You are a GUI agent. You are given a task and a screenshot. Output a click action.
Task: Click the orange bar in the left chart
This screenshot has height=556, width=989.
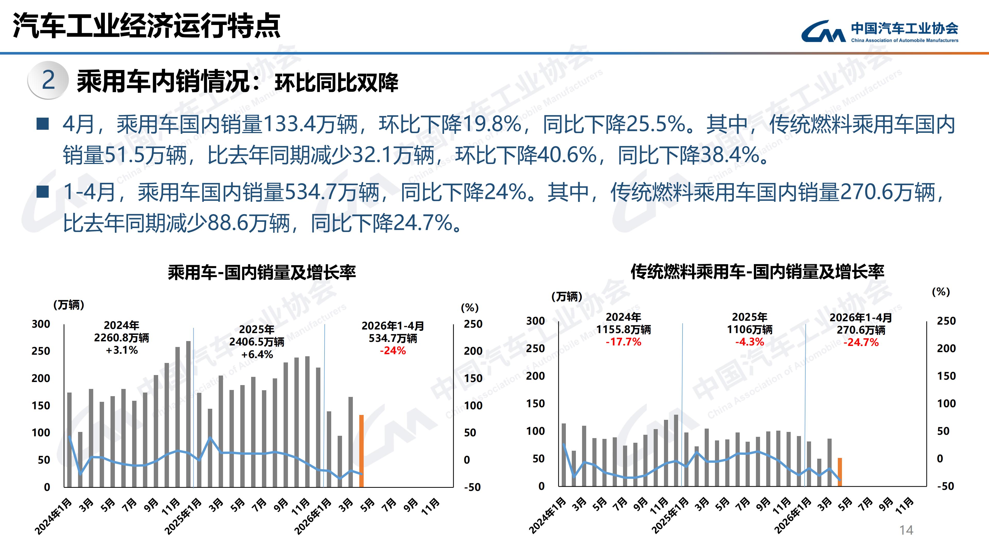tap(361, 451)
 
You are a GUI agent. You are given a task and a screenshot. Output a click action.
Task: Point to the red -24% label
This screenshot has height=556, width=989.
tap(393, 350)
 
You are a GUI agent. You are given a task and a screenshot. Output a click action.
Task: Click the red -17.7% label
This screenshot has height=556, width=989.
tap(624, 342)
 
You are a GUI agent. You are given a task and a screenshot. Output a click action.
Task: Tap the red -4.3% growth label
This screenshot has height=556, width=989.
tap(749, 342)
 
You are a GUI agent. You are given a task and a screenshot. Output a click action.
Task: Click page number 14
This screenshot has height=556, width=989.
tap(906, 530)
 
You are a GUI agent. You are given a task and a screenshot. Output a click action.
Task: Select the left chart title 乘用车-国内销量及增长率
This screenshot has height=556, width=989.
tap(262, 272)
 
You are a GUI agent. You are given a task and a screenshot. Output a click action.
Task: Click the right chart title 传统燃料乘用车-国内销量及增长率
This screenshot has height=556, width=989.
tap(757, 272)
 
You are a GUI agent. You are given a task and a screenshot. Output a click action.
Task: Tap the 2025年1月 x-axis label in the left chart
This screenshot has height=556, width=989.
tap(183, 516)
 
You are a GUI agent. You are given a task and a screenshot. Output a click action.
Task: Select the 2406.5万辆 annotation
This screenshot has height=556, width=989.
tap(257, 342)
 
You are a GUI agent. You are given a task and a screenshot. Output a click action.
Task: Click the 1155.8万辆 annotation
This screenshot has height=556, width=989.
tap(624, 329)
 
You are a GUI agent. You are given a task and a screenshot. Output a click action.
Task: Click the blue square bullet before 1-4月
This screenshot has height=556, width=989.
tap(42, 192)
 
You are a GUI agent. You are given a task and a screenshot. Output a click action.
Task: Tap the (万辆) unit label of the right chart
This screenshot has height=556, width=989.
tap(567, 296)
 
